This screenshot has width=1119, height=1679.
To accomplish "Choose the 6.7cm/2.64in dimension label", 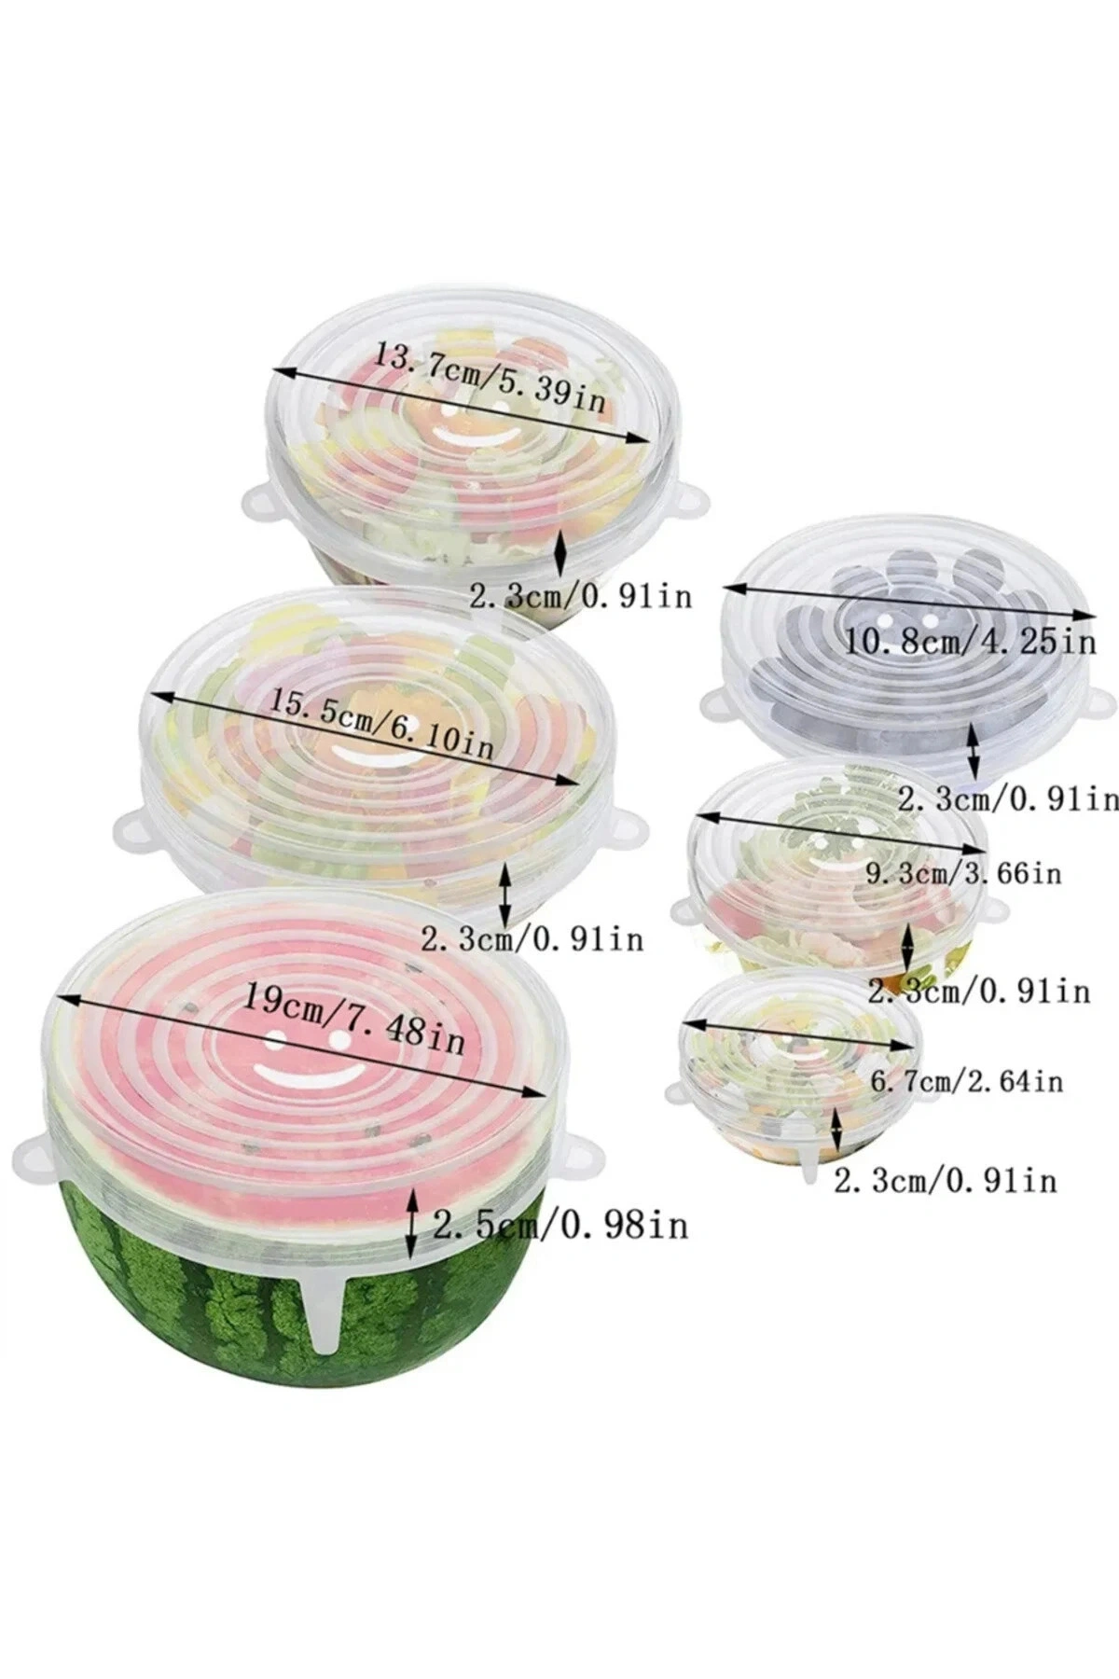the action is (965, 1081).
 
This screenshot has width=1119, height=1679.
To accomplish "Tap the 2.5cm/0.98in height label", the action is (560, 1224).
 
